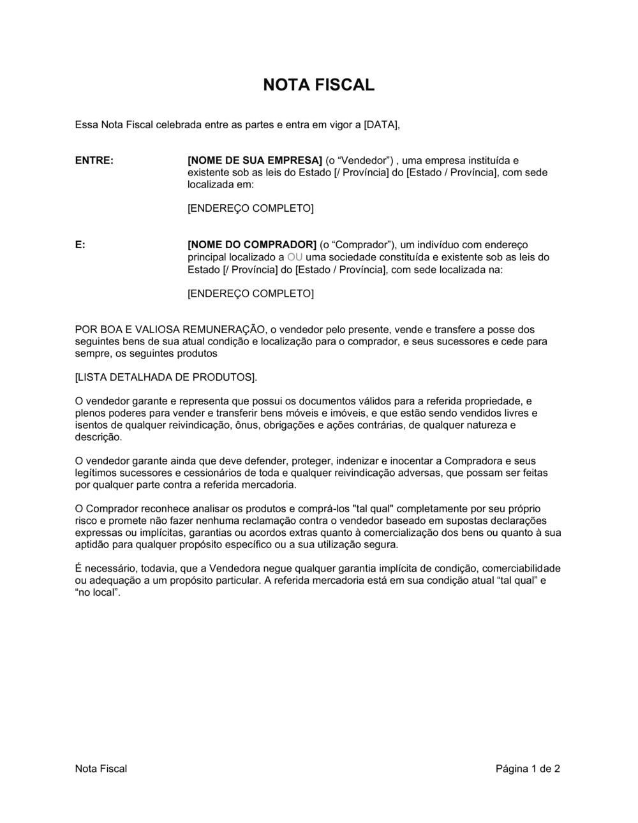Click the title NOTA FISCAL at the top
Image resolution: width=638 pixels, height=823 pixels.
tap(318, 85)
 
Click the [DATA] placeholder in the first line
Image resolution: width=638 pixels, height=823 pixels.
tap(381, 124)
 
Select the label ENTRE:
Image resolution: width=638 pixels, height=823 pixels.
tap(94, 160)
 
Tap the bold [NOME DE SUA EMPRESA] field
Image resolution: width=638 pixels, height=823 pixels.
tap(255, 160)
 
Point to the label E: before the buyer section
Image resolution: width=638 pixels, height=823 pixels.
tap(80, 245)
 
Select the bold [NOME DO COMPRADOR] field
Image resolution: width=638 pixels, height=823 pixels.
tap(252, 245)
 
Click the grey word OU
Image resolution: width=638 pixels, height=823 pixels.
tap(295, 257)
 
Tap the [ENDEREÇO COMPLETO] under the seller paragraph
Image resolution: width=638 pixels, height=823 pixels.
tap(250, 209)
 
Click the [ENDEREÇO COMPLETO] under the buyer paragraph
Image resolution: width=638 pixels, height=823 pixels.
tap(250, 293)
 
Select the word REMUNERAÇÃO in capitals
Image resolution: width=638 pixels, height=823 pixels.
tap(223, 329)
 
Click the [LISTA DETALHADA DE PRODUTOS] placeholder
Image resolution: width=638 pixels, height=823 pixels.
tap(166, 377)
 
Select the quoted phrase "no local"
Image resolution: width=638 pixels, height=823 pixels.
tap(98, 593)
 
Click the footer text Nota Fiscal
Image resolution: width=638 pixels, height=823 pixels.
tap(101, 769)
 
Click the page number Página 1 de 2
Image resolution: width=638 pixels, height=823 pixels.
tap(528, 769)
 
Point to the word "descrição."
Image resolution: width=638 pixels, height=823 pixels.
tap(98, 437)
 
